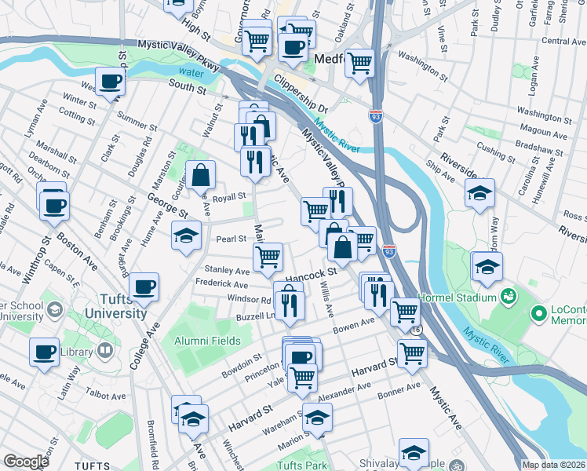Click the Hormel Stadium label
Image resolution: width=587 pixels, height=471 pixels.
(x=458, y=298)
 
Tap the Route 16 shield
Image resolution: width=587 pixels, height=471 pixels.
(x=414, y=330)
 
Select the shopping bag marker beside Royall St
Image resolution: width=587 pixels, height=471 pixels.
(x=201, y=173)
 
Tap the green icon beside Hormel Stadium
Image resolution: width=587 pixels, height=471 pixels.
(x=508, y=298)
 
